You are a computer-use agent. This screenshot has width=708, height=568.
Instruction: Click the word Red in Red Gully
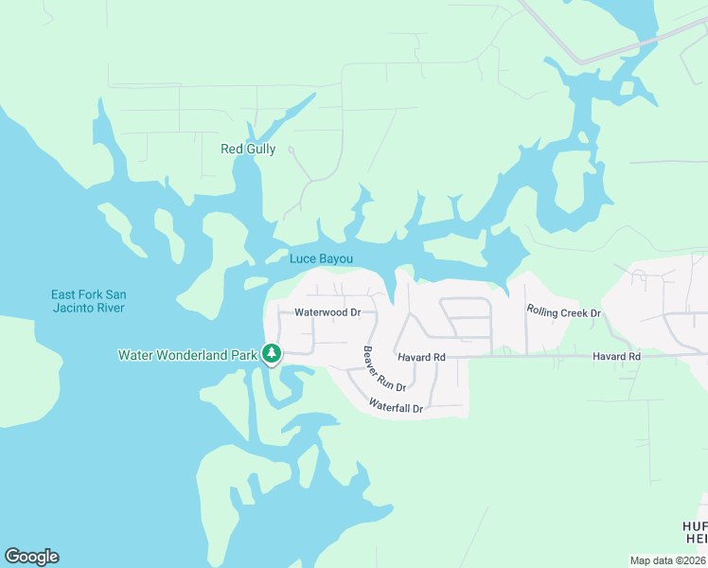(232, 149)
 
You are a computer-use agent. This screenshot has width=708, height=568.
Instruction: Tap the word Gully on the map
(260, 150)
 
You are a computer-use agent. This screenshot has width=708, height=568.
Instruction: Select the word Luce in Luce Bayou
(303, 258)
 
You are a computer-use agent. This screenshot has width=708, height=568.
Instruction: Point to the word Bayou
(336, 258)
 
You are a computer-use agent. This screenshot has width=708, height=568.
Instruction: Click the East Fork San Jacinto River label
(88, 301)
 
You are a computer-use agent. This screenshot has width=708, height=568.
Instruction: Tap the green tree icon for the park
(272, 354)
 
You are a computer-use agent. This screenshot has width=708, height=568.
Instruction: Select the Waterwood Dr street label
(327, 311)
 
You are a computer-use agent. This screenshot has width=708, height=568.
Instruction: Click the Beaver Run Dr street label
(384, 369)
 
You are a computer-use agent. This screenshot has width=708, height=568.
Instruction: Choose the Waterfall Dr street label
(395, 408)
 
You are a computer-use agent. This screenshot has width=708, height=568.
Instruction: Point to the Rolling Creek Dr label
(563, 312)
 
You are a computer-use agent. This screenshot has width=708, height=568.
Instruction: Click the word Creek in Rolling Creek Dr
(568, 312)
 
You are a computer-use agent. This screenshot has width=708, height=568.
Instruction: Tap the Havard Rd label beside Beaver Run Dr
(421, 357)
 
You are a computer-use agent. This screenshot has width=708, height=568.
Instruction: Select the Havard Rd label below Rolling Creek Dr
(617, 356)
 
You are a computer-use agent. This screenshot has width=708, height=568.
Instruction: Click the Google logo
(31, 557)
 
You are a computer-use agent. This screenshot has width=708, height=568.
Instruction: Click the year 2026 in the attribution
(694, 560)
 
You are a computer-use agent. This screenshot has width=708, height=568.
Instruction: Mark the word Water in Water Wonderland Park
(134, 355)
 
